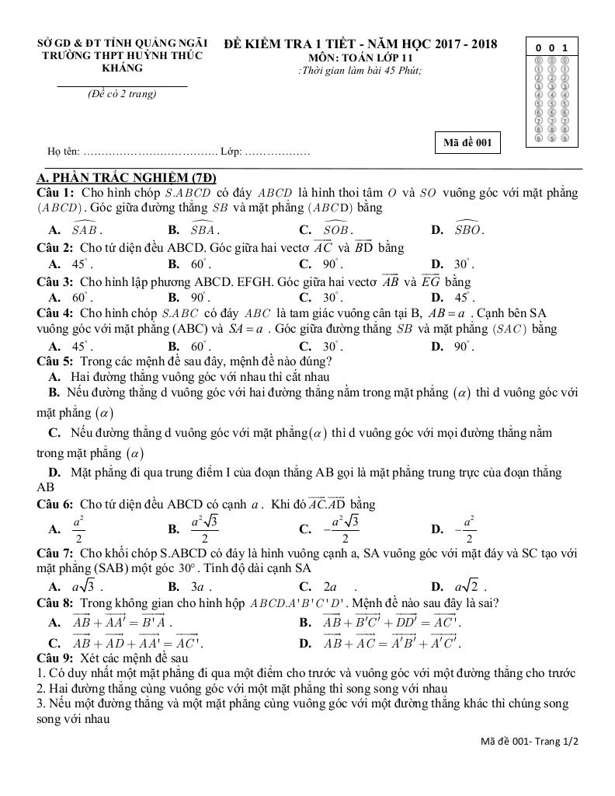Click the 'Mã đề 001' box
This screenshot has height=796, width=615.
tap(467, 142)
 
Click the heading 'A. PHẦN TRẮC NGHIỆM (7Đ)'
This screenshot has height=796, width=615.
tap(127, 178)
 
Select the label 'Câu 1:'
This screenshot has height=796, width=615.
tap(56, 192)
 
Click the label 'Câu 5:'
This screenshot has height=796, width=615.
tap(56, 361)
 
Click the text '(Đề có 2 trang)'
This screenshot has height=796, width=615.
tap(121, 94)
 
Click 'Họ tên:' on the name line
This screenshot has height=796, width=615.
tap(63, 151)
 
